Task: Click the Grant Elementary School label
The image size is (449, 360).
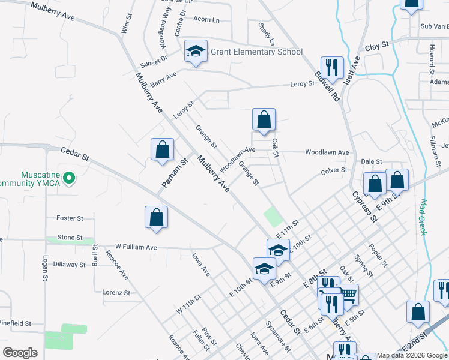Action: (256, 52)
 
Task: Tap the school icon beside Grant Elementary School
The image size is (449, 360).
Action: (196, 53)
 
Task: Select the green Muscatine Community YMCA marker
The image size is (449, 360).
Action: (69, 178)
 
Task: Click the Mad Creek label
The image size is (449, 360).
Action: (423, 217)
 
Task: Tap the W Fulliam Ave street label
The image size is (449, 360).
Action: (136, 247)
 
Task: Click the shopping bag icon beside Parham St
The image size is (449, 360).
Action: (163, 150)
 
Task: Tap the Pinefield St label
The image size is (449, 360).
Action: (15, 323)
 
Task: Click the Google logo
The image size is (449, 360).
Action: (20, 353)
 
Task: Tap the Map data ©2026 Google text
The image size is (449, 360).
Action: (412, 355)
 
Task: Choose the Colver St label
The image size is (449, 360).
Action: (334, 170)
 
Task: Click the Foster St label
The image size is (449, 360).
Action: (70, 218)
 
